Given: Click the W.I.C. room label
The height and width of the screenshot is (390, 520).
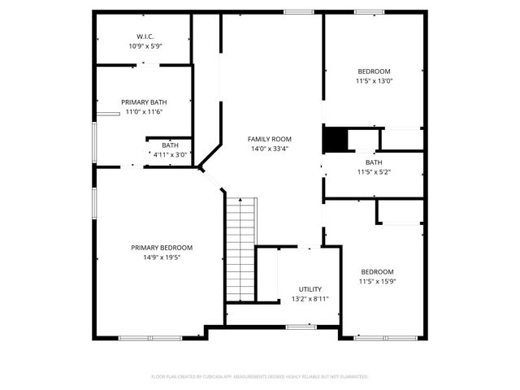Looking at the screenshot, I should click(145, 37).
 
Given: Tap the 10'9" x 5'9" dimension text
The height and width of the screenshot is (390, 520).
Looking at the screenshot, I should click(145, 46).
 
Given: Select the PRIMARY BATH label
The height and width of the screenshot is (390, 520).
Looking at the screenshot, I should click(144, 102).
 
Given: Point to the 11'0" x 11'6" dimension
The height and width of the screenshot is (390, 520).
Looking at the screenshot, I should click(144, 112).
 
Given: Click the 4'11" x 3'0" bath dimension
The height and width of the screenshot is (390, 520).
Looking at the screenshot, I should click(170, 154).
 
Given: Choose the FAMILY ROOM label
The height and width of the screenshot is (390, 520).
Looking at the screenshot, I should click(270, 139).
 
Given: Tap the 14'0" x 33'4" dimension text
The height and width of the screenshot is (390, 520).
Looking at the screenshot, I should click(270, 149).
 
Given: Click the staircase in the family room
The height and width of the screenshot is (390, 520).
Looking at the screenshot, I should click(241, 249).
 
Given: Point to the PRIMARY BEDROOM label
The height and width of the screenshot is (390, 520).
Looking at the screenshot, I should click(162, 247).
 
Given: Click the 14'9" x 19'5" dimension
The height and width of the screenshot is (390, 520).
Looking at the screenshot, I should click(162, 257).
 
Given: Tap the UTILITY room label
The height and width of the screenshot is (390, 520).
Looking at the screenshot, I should click(310, 289).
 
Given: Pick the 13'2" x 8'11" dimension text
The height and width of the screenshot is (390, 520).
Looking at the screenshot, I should click(310, 299).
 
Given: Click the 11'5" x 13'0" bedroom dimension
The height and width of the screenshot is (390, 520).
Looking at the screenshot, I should click(373, 80).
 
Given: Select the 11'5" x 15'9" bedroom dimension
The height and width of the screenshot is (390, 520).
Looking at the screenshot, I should click(378, 281).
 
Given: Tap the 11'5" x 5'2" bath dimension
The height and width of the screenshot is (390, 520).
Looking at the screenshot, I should click(373, 171).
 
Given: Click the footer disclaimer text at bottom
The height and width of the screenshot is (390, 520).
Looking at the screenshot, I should click(260, 377).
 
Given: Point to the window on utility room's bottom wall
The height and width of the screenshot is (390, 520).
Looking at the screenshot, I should click(301, 327).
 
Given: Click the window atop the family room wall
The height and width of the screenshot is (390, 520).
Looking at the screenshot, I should click(298, 11).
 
